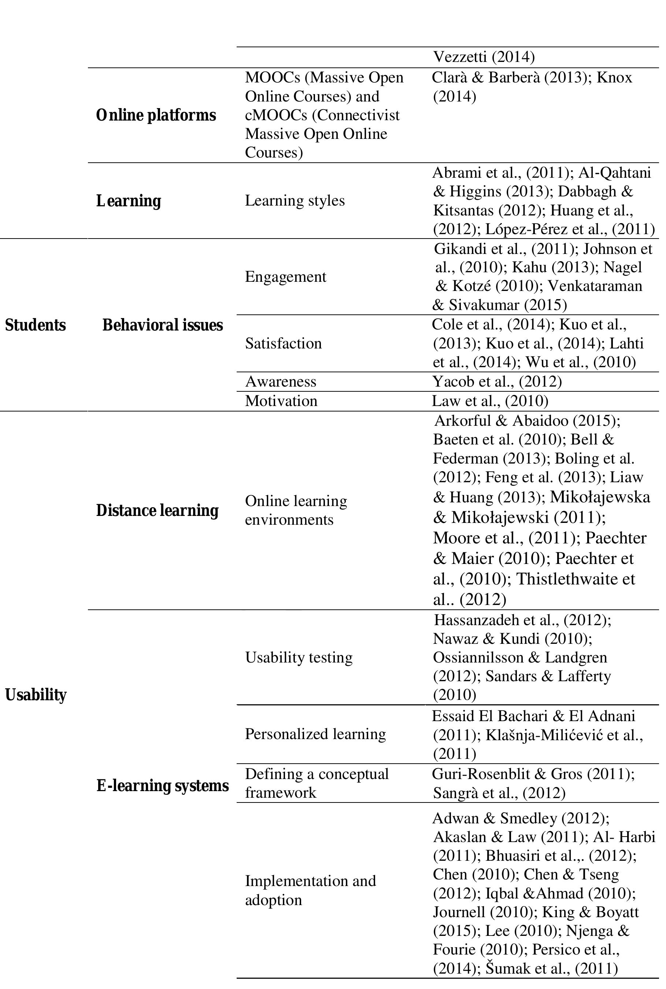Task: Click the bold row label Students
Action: click(35, 325)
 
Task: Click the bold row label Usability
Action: click(36, 695)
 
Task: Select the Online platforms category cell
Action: click(156, 115)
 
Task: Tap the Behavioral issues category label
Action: click(162, 325)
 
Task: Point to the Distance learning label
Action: click(157, 510)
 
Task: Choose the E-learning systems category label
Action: click(162, 786)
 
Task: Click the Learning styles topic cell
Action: click(295, 200)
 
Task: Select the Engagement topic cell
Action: click(285, 277)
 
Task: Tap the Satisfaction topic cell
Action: click(283, 343)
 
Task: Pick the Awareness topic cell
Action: click(281, 381)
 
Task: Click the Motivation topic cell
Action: click(281, 401)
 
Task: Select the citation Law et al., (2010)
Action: click(490, 401)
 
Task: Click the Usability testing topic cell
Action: click(299, 657)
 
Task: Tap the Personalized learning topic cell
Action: click(315, 734)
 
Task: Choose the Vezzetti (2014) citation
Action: click(483, 56)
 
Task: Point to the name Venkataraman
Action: click(595, 285)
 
